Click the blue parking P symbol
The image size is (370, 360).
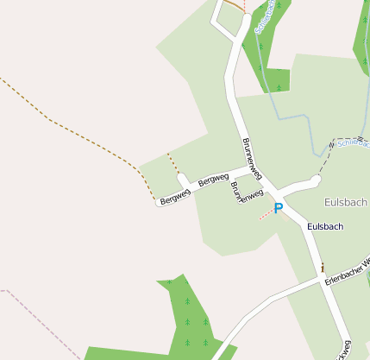tap(279, 209)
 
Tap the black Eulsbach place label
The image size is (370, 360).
tap(325, 226)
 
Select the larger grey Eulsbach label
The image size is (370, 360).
tap(345, 202)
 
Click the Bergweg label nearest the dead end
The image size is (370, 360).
tap(175, 196)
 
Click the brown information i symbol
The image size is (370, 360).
tap(323, 268)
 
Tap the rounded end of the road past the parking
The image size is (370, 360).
tap(316, 180)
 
